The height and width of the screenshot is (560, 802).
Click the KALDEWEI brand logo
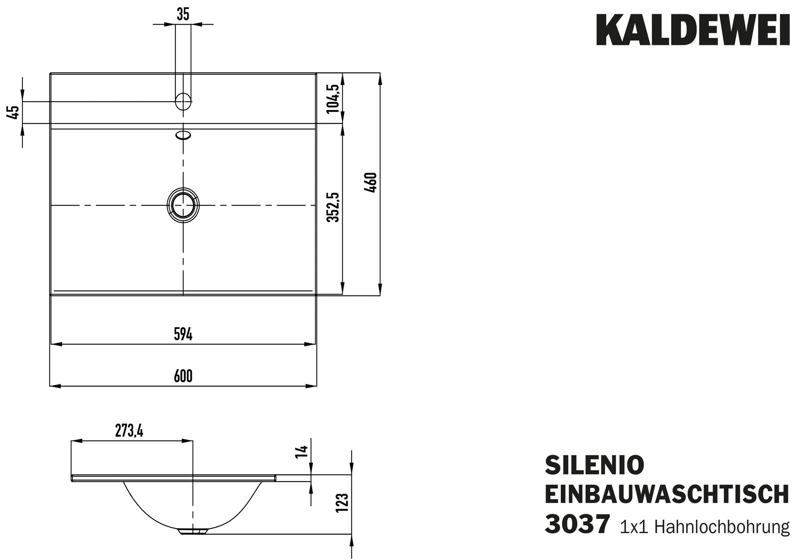(x=692, y=31)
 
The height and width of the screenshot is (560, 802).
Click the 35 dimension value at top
(x=183, y=14)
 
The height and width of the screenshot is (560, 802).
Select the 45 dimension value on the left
(x=13, y=112)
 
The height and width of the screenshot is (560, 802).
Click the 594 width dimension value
(x=183, y=334)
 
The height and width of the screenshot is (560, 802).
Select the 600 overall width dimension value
(x=183, y=376)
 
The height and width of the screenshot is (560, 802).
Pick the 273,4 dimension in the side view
(x=129, y=431)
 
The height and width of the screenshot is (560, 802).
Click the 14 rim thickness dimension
(x=302, y=452)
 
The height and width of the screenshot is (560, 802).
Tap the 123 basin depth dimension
(x=342, y=502)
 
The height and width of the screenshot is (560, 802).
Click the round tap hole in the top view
(x=183, y=101)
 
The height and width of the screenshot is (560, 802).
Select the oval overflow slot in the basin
(x=183, y=135)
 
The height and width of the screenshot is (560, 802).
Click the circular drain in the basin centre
(x=183, y=205)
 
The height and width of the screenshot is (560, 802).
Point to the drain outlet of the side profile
(x=193, y=531)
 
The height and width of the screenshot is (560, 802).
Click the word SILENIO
(x=594, y=465)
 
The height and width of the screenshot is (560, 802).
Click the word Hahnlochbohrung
(x=722, y=527)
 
